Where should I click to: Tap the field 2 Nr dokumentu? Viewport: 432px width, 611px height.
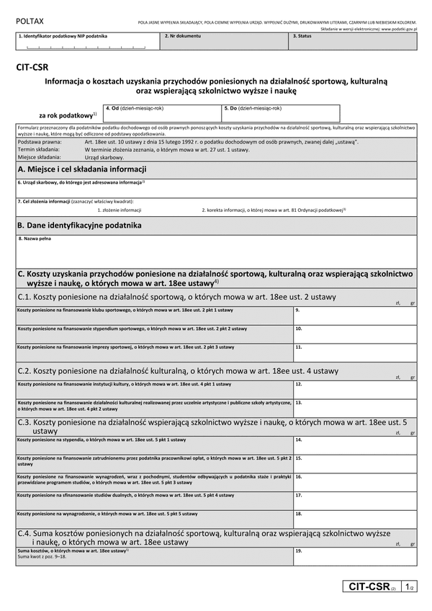225,43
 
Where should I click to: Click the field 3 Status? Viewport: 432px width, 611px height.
354,43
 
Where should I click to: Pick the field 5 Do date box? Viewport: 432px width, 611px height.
280,115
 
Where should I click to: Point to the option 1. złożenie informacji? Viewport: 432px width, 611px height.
119,210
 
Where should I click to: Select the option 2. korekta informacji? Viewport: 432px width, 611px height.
274,210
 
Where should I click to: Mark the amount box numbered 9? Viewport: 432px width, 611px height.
354,314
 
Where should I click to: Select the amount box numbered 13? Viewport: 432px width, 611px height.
354,408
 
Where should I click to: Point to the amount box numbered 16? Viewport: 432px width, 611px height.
354,481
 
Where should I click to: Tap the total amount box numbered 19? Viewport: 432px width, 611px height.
354,556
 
